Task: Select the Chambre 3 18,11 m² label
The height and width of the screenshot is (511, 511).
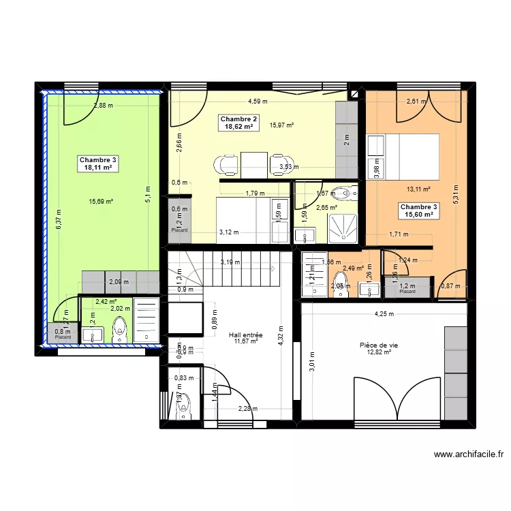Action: click(x=98, y=164)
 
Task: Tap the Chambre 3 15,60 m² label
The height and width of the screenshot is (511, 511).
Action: click(x=419, y=211)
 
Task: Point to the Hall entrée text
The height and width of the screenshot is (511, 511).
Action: click(x=246, y=335)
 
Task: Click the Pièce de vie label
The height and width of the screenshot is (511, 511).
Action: click(x=379, y=345)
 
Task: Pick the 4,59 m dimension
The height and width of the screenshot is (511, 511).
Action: click(x=258, y=102)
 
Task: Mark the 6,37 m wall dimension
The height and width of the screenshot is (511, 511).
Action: click(x=58, y=218)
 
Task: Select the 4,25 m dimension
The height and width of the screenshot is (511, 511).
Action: click(x=384, y=314)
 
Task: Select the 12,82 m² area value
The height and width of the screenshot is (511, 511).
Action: click(x=379, y=353)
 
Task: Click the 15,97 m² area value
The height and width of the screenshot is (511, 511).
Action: click(x=281, y=125)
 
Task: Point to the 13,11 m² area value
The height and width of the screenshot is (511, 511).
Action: click(x=418, y=189)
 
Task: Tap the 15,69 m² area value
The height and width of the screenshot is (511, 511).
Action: click(x=101, y=201)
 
